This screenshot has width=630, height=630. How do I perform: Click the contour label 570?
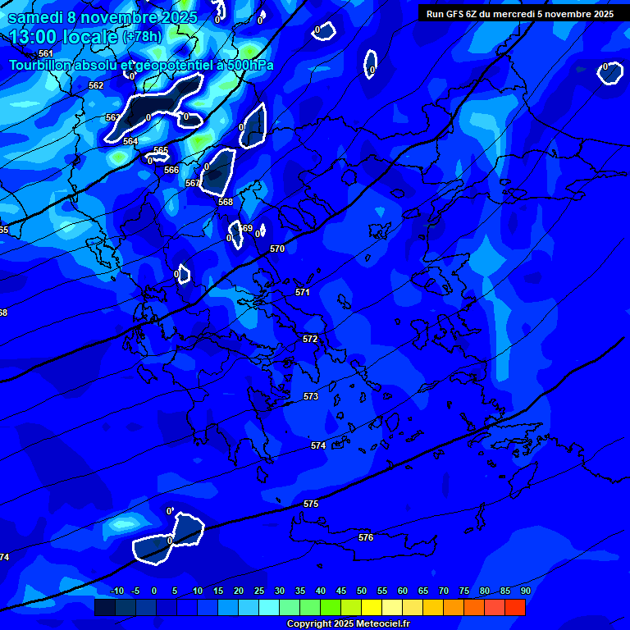click(x=277, y=249)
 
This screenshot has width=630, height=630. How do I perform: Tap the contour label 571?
click(x=303, y=292)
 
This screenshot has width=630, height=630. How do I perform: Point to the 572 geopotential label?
click(x=310, y=339)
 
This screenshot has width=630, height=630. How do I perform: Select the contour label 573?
click(x=311, y=396)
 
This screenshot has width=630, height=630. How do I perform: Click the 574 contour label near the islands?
click(x=318, y=445)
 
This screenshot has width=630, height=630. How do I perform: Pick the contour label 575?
click(x=311, y=504)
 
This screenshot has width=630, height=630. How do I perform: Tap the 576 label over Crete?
click(x=366, y=537)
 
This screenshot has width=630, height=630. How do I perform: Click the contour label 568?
click(x=226, y=202)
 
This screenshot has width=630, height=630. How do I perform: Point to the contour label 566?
click(x=171, y=170)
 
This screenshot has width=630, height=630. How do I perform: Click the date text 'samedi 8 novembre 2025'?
click(x=103, y=17)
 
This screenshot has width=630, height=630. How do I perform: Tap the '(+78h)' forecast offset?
click(x=142, y=37)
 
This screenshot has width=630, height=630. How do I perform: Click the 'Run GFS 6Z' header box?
click(x=520, y=14)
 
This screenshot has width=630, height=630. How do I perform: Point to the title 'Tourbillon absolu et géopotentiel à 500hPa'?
click(x=141, y=65)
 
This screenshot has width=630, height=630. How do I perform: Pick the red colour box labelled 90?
click(x=515, y=607)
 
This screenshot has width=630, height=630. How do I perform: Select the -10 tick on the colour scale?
click(x=116, y=591)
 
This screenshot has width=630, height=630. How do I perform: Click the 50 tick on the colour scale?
click(x=362, y=591)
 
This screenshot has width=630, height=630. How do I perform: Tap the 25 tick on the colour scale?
click(x=259, y=591)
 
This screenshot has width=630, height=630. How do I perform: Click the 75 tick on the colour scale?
click(x=464, y=591)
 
